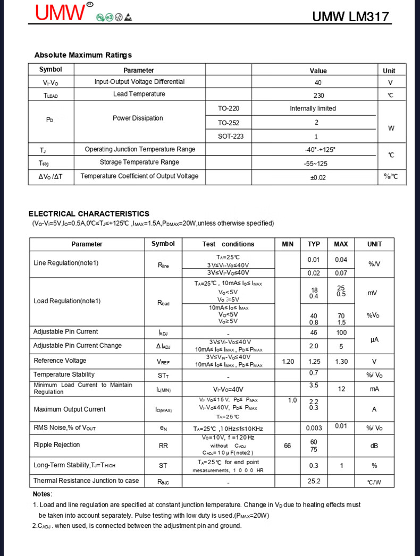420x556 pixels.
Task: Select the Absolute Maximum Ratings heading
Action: point(83,55)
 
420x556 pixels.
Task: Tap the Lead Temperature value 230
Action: point(318,96)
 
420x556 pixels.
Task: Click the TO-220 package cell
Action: point(229,108)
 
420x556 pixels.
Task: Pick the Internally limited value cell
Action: point(313,108)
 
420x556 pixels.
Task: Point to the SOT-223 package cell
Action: point(231,136)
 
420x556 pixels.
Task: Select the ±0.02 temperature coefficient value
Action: point(318,177)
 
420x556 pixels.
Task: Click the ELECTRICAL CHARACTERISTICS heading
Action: point(89,213)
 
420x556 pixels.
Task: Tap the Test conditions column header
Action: point(228,244)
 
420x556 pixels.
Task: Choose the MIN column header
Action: point(288,244)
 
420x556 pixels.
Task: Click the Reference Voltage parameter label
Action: point(60,361)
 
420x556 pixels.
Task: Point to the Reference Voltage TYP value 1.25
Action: point(314,362)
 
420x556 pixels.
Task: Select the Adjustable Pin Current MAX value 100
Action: point(341,333)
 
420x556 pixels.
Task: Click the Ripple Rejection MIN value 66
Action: point(288,446)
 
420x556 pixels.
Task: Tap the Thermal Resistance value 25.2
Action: point(314,481)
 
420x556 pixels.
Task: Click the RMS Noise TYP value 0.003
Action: point(314,428)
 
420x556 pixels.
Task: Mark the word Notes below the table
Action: point(42,494)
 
